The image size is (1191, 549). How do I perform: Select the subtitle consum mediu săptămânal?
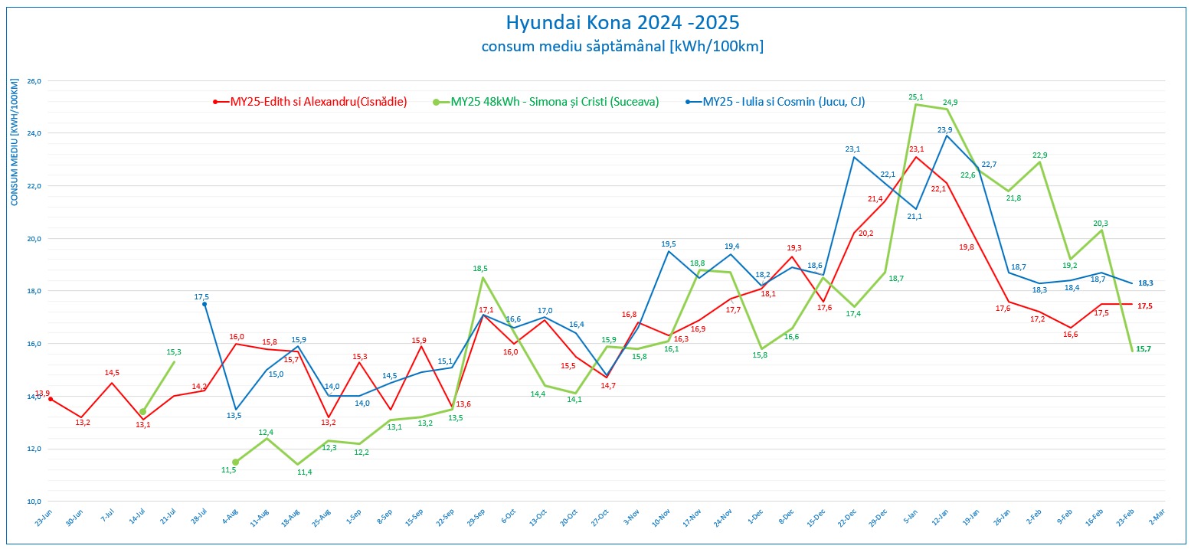tap(622, 46)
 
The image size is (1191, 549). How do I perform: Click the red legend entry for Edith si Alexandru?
tap(311, 101)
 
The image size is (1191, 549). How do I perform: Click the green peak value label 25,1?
tap(916, 97)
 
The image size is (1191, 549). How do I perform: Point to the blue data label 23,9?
tap(944, 129)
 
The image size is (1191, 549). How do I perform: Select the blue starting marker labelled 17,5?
tap(204, 304)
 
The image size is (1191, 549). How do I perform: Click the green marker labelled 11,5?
tap(235, 462)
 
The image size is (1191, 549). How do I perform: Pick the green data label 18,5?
tap(479, 269)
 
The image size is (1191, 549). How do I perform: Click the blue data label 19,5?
tap(669, 244)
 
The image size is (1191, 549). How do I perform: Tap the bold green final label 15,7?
tap(1144, 349)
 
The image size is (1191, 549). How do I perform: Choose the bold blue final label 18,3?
tap(1146, 283)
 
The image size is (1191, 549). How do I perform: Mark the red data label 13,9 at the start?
tap(43, 394)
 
